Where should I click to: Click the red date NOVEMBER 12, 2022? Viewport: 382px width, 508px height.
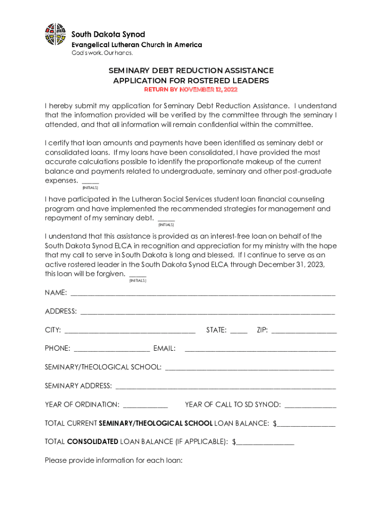click(208, 90)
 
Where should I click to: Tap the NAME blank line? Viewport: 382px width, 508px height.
click(203, 294)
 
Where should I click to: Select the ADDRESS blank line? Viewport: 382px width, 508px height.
click(207, 313)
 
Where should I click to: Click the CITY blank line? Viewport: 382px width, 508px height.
click(130, 331)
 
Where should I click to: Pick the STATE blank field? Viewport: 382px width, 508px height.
click(239, 331)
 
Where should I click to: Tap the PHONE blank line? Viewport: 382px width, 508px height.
click(112, 350)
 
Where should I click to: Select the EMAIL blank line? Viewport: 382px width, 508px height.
click(260, 350)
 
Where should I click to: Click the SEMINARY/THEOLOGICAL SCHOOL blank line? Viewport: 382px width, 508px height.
click(249, 369)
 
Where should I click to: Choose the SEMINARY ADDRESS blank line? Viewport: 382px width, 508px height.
click(225, 387)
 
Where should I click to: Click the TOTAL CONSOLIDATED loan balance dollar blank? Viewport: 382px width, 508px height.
click(265, 443)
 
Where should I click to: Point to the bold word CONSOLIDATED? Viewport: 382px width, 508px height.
click(92, 442)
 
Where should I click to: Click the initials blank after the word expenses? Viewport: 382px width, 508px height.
click(90, 182)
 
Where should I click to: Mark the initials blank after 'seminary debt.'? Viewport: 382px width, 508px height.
click(166, 219)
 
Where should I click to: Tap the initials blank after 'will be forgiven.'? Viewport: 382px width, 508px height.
click(137, 275)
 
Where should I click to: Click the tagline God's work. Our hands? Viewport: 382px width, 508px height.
click(95, 53)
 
